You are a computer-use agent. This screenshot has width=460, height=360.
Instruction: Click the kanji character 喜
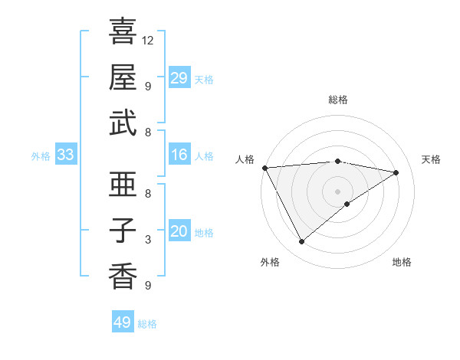pos(123,33)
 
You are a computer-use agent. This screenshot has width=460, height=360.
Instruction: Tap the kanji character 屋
pos(123,77)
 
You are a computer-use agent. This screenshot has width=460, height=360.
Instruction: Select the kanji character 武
pos(123,123)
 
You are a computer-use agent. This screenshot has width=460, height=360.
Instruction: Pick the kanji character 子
pos(123,230)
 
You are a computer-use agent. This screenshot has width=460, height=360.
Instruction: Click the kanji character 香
pos(123,276)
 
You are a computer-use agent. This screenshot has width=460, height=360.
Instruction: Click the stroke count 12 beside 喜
pos(148,40)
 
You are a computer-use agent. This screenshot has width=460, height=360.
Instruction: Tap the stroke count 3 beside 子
pos(148,241)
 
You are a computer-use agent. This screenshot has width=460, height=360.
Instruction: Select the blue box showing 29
pos(179,78)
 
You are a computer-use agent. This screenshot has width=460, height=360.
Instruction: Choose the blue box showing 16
pos(179,155)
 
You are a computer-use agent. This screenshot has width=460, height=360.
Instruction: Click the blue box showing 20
pos(179,232)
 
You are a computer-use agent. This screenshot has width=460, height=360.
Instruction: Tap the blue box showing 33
pos(66,155)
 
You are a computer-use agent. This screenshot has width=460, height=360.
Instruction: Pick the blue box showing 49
pos(123,322)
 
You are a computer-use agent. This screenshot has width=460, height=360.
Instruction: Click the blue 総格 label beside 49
pos(147,324)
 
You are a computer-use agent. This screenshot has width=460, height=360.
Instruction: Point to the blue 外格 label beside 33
pos(41,156)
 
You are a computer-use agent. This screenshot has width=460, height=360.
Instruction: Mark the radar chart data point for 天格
pos(396,172)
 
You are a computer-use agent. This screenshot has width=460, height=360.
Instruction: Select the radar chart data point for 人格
pos(264,168)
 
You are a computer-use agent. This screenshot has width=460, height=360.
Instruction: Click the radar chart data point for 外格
pos(301,242)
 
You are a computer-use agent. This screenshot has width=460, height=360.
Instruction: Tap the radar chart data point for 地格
pos(347,204)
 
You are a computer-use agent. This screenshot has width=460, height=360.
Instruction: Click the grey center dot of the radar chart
pos(337,191)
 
